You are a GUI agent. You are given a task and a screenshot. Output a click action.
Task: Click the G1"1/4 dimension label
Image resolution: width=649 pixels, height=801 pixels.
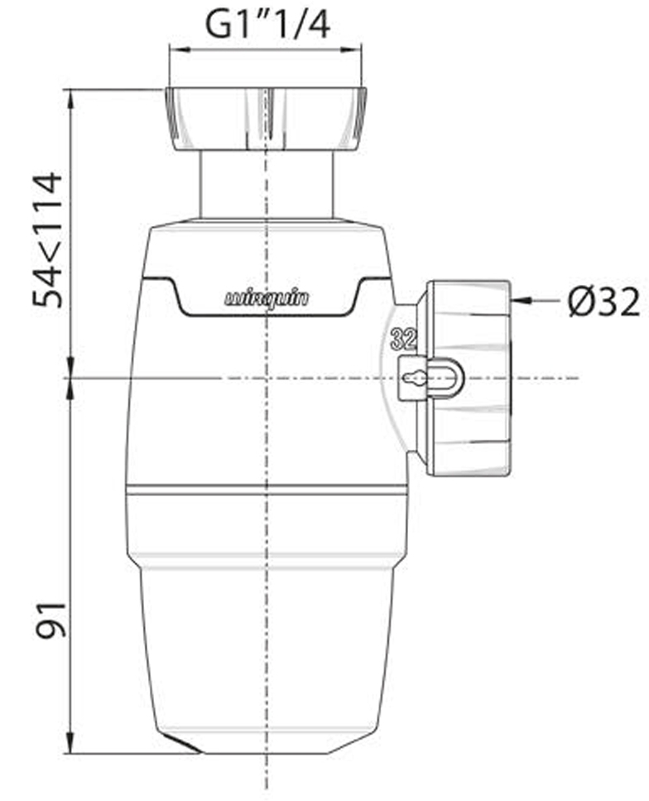[x=267, y=24]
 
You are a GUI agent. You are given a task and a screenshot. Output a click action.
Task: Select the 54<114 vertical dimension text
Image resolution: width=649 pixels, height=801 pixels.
[x=48, y=240]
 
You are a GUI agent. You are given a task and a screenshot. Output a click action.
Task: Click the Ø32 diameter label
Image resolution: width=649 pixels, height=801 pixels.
[x=603, y=303]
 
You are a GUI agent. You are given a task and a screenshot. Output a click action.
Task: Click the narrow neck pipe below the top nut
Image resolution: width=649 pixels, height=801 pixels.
[x=267, y=184]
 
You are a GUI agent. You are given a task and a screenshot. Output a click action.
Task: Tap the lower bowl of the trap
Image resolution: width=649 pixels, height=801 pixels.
[x=267, y=646]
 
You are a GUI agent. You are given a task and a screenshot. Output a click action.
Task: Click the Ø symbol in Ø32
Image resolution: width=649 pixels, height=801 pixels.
[x=580, y=303]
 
